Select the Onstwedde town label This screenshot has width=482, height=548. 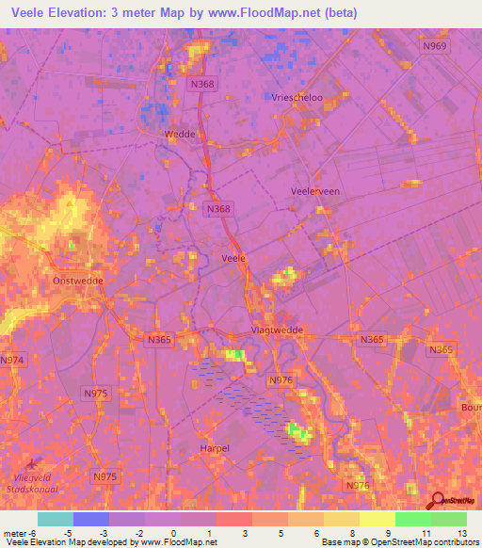78,281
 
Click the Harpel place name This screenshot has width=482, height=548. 215,448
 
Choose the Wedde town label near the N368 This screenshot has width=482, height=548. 179,135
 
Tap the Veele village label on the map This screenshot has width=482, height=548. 233,257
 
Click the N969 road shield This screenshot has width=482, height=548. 436,45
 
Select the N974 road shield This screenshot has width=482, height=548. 12,360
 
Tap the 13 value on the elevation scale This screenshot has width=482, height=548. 462,533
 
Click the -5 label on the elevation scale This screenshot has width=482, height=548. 74,533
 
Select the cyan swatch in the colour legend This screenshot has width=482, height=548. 56,519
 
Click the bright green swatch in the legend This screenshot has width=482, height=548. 412,519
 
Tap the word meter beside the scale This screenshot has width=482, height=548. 14,533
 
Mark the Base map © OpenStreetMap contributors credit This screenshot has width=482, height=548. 396,542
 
